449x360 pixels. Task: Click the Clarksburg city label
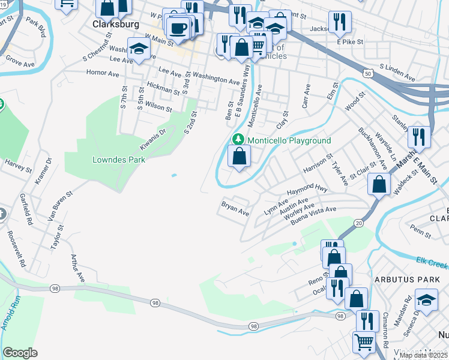click(116, 25)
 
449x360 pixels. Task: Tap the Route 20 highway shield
click(359, 223)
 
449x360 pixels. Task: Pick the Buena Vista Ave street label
click(313, 217)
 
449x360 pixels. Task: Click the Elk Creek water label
click(432, 262)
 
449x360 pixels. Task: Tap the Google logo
click(20, 353)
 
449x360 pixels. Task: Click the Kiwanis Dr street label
click(152, 139)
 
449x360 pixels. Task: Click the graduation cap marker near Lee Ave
click(139, 50)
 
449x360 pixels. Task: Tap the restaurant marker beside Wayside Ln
click(419, 137)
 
